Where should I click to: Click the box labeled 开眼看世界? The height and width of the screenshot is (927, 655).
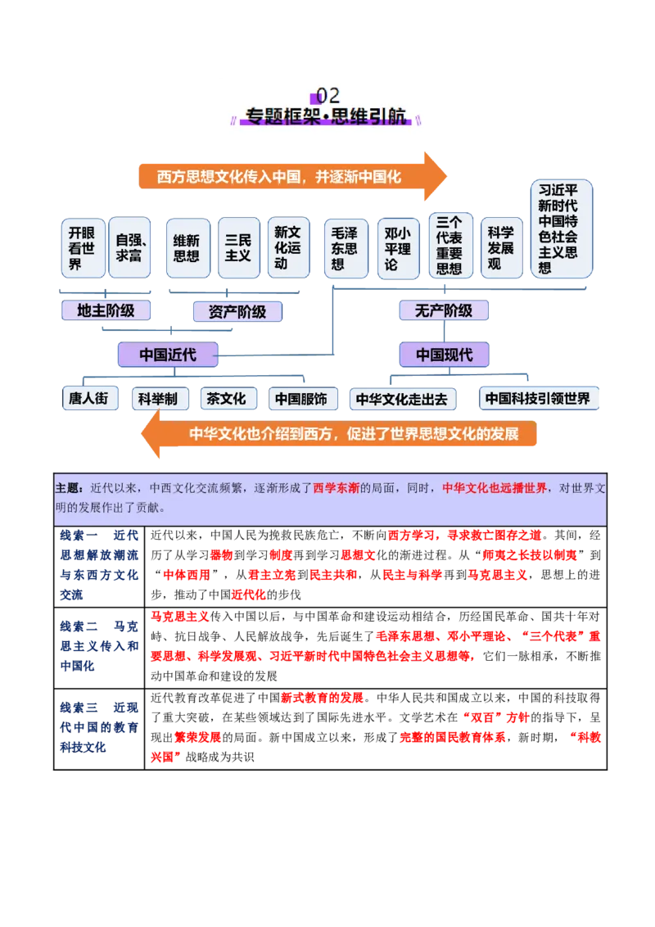[82, 247]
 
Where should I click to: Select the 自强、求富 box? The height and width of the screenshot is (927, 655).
[129, 247]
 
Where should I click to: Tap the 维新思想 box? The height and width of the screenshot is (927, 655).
[187, 247]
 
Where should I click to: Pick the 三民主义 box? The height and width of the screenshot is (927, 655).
[238, 247]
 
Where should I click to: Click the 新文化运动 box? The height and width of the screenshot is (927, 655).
[287, 247]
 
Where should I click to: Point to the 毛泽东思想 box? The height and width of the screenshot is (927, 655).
[345, 247]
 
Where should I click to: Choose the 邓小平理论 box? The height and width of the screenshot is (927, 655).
[397, 247]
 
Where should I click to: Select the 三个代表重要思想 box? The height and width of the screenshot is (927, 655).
[449, 246]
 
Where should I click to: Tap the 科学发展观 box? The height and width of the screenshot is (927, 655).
[500, 247]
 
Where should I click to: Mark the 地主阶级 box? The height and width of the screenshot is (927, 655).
[106, 310]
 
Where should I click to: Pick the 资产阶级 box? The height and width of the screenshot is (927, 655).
[237, 311]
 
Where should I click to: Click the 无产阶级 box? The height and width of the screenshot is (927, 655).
[444, 310]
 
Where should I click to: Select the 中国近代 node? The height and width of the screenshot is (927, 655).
[168, 355]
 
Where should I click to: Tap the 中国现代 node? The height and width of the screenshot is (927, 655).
[445, 355]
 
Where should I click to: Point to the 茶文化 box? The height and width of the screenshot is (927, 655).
[226, 399]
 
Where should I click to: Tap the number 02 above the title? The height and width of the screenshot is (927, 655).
[327, 96]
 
